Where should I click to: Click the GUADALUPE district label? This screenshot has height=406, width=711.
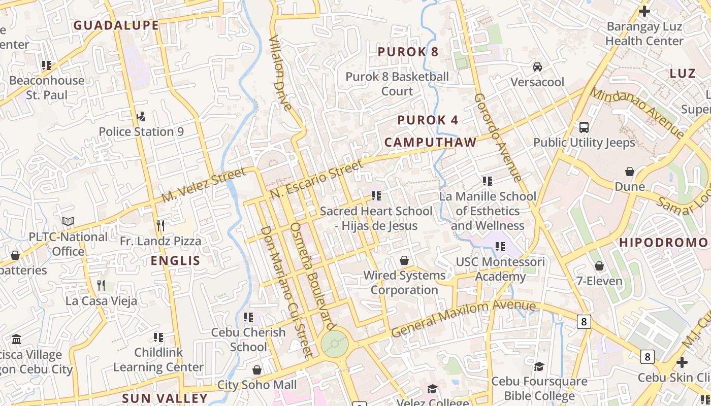tap(116, 25)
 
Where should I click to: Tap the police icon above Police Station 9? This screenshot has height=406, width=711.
tap(141, 117)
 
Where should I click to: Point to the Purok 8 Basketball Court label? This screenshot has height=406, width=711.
tap(397, 84)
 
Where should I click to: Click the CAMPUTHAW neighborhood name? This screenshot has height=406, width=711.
tap(430, 143)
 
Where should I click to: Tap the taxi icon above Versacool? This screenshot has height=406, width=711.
tap(537, 67)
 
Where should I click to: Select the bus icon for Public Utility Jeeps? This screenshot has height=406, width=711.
tap(584, 127)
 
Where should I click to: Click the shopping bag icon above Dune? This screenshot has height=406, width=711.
tap(630, 172)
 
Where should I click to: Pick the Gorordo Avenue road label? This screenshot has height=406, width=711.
tap(498, 138)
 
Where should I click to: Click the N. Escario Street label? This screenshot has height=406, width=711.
tap(317, 179)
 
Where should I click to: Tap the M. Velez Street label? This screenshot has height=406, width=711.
tap(204, 186)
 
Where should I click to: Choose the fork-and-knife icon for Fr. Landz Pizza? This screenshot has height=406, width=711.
tap(160, 225)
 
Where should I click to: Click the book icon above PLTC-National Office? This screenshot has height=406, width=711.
tap(68, 222)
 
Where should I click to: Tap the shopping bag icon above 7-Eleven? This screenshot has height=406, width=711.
tap(599, 266)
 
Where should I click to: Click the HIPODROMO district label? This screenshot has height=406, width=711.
tap(663, 243)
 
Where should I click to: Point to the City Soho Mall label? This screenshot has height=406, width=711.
tap(257, 385)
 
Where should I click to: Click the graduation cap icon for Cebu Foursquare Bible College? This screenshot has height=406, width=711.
tap(539, 366)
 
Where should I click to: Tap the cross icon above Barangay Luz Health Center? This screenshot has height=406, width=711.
tap(644, 11)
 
